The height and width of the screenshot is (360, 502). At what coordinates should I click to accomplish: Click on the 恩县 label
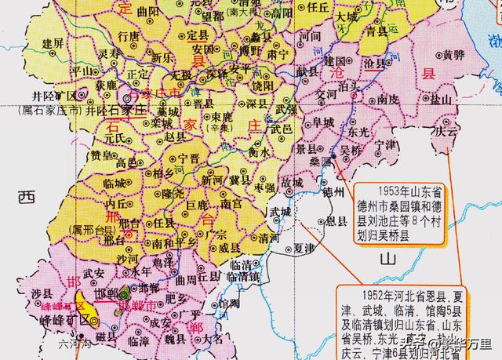(x=338, y=222)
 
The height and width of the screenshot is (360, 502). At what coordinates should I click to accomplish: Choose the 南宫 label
(x=231, y=205)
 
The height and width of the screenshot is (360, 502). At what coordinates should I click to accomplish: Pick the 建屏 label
(x=53, y=42)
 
